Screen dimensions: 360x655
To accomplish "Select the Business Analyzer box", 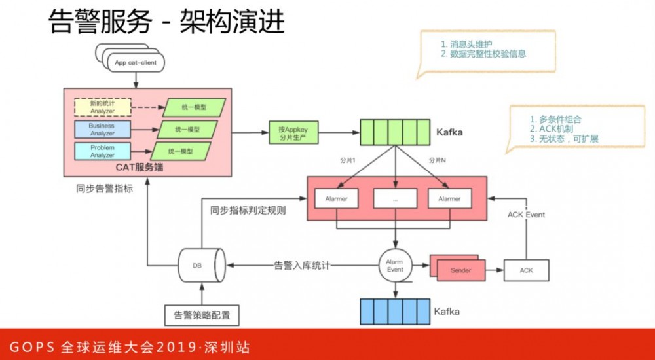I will (102, 130).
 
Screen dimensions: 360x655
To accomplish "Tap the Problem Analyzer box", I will (102, 151).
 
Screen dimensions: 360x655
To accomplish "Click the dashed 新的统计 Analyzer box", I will (102, 107).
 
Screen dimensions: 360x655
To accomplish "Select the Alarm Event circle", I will (395, 265).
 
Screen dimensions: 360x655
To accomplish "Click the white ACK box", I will (526, 270).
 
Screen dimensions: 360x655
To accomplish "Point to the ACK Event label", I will (526, 215).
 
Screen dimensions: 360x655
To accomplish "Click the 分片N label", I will (438, 160).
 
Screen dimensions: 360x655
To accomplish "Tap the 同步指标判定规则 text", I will (248, 211).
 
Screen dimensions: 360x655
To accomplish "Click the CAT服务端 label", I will (140, 168).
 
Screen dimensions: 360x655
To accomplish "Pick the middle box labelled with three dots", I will (395, 198).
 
